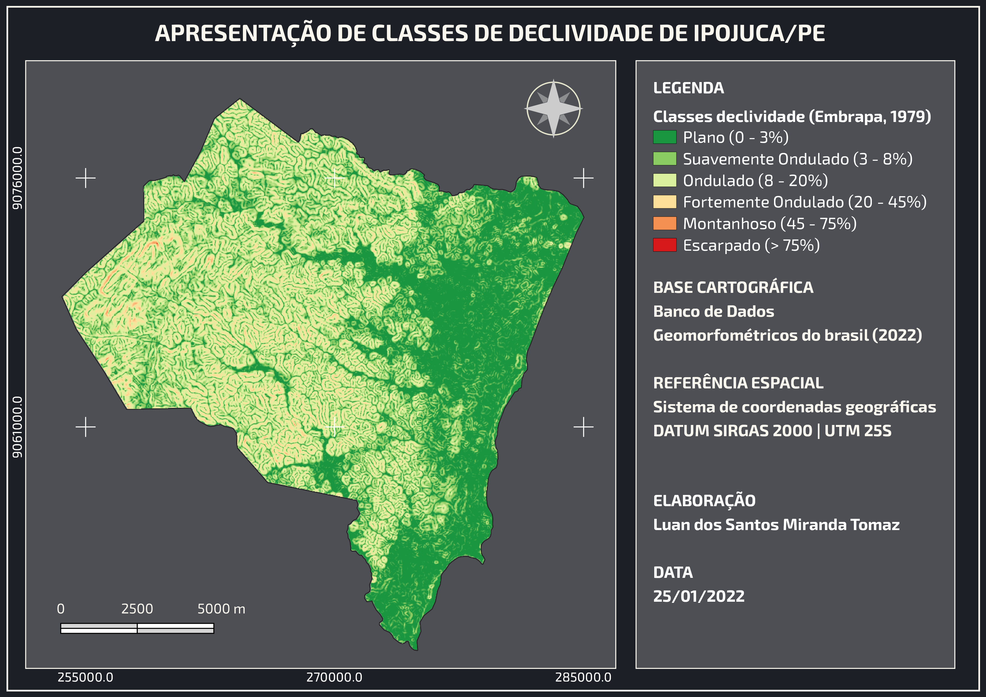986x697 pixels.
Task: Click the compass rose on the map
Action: click(x=554, y=108)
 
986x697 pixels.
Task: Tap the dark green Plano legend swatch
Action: click(x=664, y=137)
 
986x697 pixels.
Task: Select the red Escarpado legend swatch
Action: click(x=664, y=245)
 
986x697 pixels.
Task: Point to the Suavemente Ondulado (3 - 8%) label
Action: click(x=797, y=159)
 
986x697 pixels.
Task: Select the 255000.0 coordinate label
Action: click(x=85, y=677)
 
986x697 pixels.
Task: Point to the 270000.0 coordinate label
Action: click(x=334, y=677)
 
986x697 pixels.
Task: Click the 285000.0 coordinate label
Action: click(x=583, y=677)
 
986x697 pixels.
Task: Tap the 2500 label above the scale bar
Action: click(x=137, y=608)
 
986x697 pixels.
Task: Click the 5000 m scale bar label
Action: click(x=221, y=608)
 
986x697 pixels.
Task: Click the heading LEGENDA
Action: click(x=688, y=88)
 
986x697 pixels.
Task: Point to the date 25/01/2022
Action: click(x=699, y=596)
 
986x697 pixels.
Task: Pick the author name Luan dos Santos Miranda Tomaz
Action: click(x=776, y=524)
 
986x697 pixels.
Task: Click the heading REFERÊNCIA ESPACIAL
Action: click(x=738, y=383)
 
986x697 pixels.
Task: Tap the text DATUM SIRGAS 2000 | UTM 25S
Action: click(x=772, y=431)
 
